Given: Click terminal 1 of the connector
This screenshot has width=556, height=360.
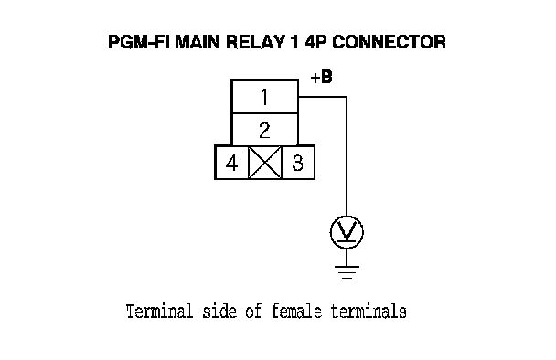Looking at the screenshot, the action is click(264, 96).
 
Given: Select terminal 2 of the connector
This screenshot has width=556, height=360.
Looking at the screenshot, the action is click(264, 130).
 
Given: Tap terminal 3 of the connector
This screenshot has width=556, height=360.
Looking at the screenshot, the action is click(298, 163).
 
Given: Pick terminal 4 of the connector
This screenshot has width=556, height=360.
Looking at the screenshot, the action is click(231, 163).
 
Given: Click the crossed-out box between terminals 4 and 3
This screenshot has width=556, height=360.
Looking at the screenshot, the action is click(265, 163).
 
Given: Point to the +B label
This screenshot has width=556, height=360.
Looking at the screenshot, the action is click(321, 77).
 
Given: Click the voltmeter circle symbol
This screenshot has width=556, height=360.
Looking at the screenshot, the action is click(347, 232).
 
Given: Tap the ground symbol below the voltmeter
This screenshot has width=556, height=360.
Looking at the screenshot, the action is click(347, 272).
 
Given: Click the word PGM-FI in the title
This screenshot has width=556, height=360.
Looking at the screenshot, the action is click(140, 42).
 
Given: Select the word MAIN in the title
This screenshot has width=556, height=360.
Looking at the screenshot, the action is click(198, 42).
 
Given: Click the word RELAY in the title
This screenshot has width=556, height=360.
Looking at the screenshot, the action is click(255, 42).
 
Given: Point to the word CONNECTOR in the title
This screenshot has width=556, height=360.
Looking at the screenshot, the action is click(389, 42).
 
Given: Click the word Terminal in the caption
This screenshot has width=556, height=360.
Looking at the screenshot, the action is click(159, 312).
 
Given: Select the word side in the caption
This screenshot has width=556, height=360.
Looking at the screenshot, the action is click(219, 312).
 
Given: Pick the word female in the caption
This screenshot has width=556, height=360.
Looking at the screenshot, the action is click(297, 312).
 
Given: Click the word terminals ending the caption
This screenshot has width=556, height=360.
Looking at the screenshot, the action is click(369, 312).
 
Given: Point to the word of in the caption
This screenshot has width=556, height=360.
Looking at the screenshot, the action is click(253, 312).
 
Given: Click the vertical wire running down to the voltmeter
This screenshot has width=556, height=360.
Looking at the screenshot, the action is click(347, 156).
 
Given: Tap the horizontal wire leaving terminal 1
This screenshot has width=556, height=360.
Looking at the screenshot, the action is click(322, 96).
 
